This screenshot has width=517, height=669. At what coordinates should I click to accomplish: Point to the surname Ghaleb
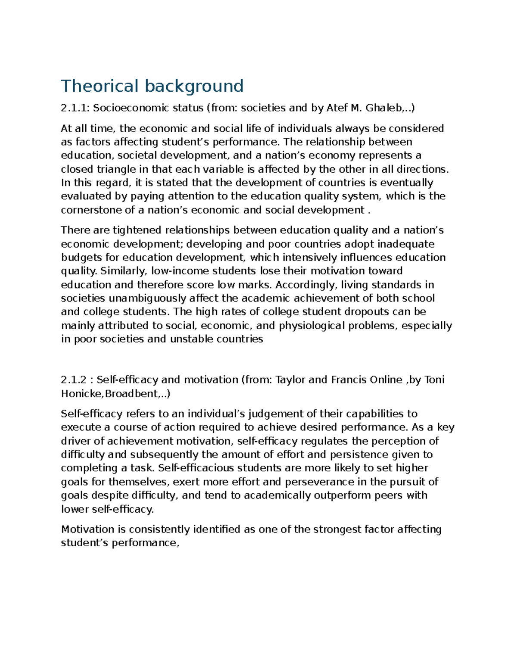(x=384, y=108)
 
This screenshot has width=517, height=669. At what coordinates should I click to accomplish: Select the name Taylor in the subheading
(x=291, y=380)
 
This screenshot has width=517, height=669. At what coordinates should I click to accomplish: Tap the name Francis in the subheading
(x=349, y=380)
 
